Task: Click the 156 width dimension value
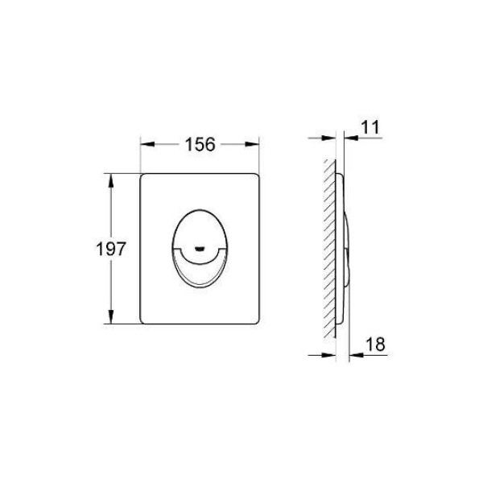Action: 200,144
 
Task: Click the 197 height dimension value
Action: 111,249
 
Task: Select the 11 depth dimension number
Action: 370,127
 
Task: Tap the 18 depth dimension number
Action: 375,344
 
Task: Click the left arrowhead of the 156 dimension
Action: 147,144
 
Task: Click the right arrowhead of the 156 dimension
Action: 252,144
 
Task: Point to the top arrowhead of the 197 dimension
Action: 111,180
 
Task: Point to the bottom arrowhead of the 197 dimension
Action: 111,316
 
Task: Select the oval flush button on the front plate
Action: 200,249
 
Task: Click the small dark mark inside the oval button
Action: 200,248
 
